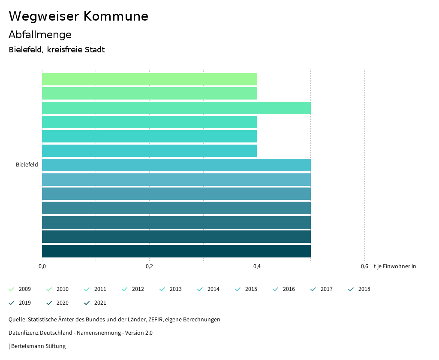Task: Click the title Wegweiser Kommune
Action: (78, 16)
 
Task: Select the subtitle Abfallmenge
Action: (40, 35)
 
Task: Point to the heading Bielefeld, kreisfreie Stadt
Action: (57, 50)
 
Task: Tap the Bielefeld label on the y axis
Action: (27, 165)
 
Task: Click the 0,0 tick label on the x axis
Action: (42, 266)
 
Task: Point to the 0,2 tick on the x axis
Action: (149, 266)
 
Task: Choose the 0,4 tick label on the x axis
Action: (257, 266)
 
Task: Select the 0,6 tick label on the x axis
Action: (364, 266)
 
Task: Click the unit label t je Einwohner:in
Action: (394, 266)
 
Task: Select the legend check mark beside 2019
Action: (12, 303)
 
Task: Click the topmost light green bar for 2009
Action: (149, 79)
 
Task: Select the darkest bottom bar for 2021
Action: (176, 251)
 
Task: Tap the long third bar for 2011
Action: (176, 108)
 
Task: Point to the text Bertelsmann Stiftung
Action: (38, 346)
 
